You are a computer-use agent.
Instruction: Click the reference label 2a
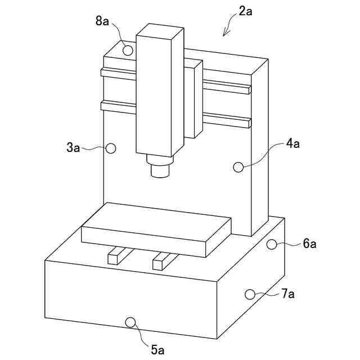[245, 11]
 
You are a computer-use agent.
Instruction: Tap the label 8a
[102, 21]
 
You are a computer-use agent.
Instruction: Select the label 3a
[73, 147]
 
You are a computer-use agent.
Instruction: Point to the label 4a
[292, 144]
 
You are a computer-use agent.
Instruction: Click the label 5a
[157, 350]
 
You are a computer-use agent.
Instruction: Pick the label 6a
[309, 244]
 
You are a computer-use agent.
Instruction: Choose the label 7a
[287, 294]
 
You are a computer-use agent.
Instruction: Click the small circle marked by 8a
[128, 50]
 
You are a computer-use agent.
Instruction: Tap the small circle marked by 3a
[111, 148]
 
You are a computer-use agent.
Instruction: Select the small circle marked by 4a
[238, 167]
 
